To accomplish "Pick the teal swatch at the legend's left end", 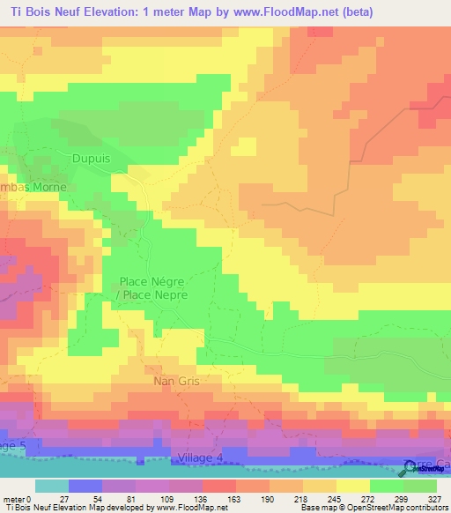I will click(51, 486).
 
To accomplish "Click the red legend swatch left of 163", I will click(218, 486).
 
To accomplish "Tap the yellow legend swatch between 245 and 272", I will click(353, 486).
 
